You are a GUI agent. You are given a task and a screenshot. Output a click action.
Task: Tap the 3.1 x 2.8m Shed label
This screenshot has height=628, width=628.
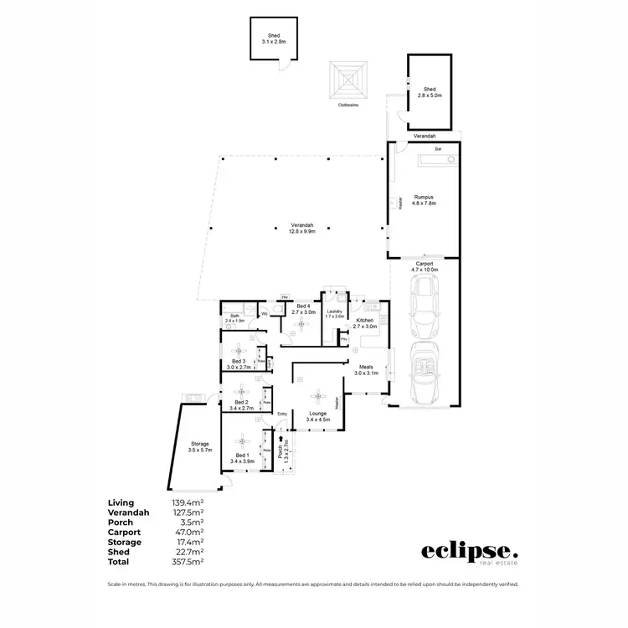(273, 38)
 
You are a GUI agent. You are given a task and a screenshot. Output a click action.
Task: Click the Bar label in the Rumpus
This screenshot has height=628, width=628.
(436, 149)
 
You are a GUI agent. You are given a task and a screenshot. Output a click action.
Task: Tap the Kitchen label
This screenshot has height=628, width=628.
(364, 321)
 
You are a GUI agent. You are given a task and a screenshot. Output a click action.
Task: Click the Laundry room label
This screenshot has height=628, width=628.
(335, 311)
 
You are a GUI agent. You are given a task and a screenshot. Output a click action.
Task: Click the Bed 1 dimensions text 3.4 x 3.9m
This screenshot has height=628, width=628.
(241, 461)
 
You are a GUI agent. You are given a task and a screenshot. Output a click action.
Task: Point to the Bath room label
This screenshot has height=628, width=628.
(234, 316)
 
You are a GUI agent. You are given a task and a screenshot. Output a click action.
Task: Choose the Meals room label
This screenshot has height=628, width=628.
(366, 366)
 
